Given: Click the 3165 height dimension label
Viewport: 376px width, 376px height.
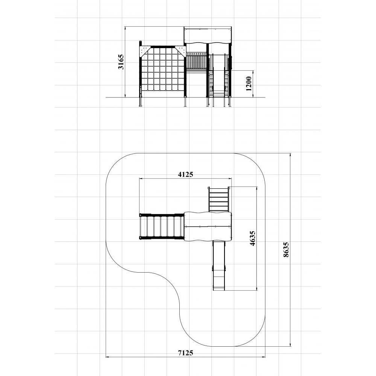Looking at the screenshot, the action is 121,62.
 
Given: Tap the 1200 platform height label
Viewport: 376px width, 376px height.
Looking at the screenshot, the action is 249,84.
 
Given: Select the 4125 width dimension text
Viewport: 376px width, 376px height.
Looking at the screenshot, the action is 185,174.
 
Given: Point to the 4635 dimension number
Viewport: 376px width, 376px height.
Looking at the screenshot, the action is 252,238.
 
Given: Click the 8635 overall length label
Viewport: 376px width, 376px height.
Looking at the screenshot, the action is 286,250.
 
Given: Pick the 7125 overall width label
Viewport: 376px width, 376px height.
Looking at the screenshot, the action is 185,353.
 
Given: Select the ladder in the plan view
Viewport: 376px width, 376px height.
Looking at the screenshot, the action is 219,199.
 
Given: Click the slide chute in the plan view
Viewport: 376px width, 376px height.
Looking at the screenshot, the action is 219,265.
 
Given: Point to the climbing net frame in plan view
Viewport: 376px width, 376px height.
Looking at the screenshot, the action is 162,227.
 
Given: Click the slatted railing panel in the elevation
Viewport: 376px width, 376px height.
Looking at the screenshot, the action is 196,61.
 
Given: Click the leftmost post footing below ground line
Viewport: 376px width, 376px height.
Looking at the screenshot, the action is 141,102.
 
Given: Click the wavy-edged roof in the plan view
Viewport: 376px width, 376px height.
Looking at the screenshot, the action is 208,226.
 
